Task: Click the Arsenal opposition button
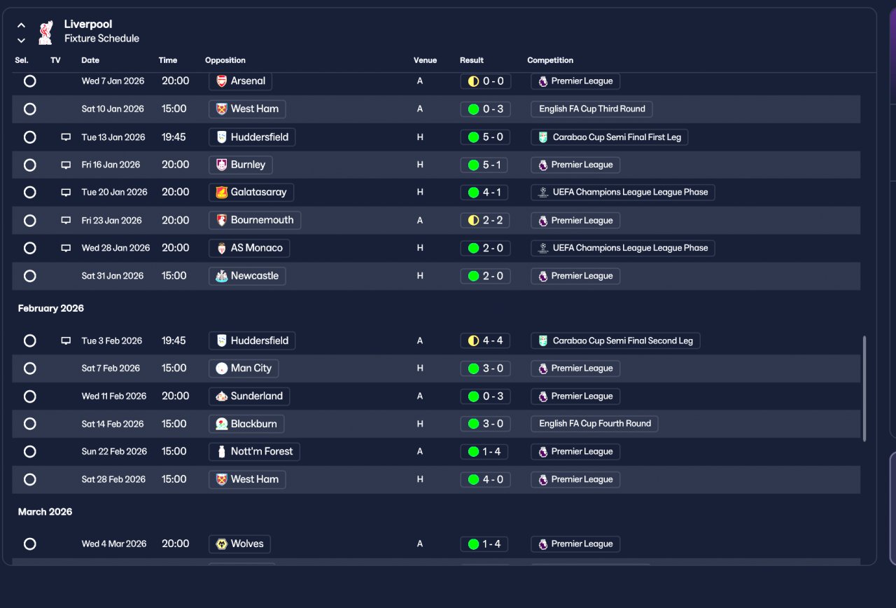click(240, 81)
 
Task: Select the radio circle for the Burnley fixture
click(29, 165)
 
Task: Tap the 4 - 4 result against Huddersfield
click(485, 340)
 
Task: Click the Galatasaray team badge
click(222, 192)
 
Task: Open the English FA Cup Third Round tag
click(591, 109)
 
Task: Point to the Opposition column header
click(225, 60)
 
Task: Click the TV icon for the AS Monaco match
click(66, 248)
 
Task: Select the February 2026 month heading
click(51, 308)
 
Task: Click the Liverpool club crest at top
click(45, 32)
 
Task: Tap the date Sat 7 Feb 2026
click(111, 368)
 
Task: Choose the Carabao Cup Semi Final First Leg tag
click(609, 137)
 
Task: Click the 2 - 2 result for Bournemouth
click(485, 221)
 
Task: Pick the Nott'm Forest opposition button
click(254, 452)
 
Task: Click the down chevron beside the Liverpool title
click(21, 41)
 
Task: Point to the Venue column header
click(425, 60)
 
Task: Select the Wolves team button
click(239, 544)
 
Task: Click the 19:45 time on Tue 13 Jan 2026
click(174, 137)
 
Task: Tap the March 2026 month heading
click(45, 511)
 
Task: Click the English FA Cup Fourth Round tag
click(594, 424)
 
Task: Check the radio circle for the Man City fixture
click(29, 368)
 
